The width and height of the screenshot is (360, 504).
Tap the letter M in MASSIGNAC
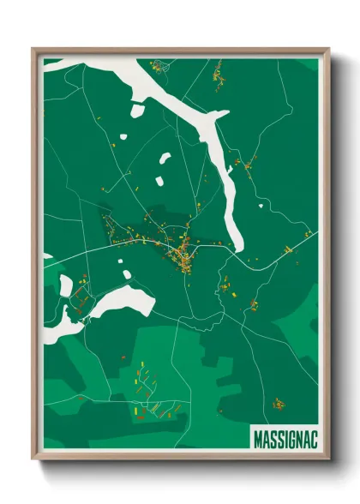tap(258, 438)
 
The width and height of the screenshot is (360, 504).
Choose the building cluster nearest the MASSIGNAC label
tap(279, 403)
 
